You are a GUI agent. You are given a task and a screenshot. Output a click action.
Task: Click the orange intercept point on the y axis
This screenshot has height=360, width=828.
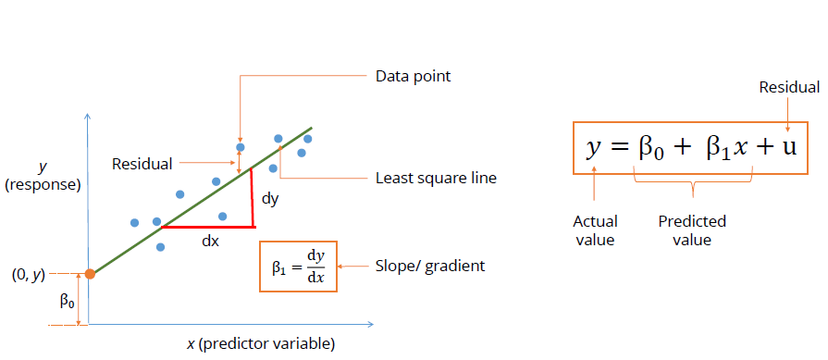pyautogui.click(x=90, y=274)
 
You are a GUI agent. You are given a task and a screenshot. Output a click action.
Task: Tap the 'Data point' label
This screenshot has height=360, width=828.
pyautogui.click(x=413, y=76)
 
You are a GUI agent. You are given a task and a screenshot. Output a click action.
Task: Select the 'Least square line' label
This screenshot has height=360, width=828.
pyautogui.click(x=436, y=178)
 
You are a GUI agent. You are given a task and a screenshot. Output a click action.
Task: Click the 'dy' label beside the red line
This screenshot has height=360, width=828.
pyautogui.click(x=269, y=198)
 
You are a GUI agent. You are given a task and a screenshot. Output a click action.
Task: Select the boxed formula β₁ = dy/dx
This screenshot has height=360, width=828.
pyautogui.click(x=299, y=267)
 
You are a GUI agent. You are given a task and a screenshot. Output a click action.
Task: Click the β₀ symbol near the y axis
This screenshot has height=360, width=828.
pyautogui.click(x=67, y=301)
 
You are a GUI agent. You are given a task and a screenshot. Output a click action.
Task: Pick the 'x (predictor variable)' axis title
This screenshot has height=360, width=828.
pyautogui.click(x=260, y=344)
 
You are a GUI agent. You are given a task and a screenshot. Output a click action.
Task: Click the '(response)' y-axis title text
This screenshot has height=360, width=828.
pyautogui.click(x=43, y=185)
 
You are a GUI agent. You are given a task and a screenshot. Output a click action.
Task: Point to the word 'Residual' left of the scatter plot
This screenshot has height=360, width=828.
pyautogui.click(x=142, y=164)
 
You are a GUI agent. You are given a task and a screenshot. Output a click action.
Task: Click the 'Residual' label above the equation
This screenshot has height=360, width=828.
pyautogui.click(x=789, y=88)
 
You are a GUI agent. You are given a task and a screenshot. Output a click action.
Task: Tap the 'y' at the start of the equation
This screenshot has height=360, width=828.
pyautogui.click(x=593, y=147)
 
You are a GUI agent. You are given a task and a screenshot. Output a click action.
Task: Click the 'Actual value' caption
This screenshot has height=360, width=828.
pyautogui.click(x=595, y=230)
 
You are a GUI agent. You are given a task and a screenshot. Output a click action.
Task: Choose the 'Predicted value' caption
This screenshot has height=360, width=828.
pyautogui.click(x=692, y=230)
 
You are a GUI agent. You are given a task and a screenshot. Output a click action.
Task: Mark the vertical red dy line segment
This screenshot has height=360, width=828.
pyautogui.click(x=252, y=199)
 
